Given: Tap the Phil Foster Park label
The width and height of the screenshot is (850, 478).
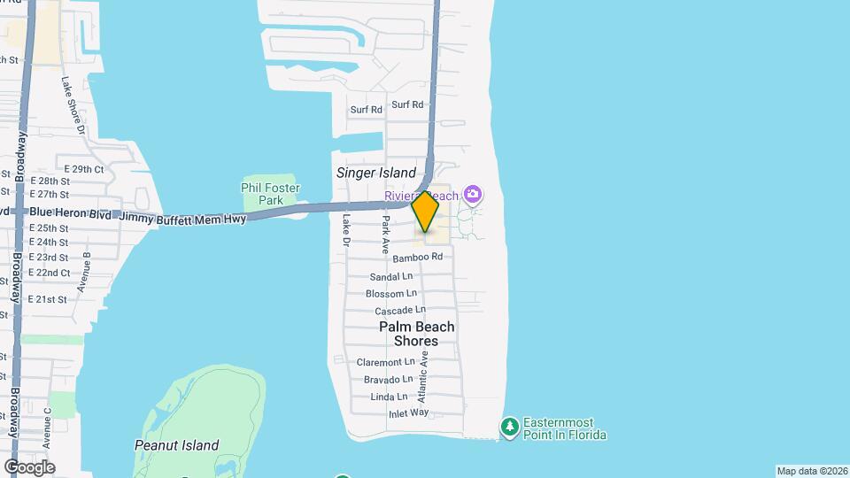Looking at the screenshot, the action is pos(271,194).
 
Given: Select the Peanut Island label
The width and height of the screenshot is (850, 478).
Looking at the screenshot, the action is pos(177,445).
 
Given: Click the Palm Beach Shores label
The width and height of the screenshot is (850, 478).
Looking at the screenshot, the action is pos(417,334).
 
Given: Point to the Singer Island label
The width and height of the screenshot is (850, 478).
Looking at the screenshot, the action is pos(376,173).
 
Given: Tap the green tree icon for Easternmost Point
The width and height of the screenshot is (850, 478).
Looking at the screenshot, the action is pos(509,428).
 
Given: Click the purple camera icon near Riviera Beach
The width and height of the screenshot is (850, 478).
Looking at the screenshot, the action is pos(473,194).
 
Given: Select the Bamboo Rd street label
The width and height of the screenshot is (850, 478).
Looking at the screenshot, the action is pos(418,257).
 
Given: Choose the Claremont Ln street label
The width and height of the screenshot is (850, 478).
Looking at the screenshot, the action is pos(385,362).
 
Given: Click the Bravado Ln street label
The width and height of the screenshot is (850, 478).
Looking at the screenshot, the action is pos(389,380).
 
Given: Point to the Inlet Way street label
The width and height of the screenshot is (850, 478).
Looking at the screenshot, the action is pos(408,413).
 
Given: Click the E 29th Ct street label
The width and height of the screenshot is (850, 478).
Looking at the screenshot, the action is pos(84,169).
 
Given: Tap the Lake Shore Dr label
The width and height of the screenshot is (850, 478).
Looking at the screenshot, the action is pos(74,105).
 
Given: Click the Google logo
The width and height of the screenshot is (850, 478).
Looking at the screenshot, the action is pos(29,466).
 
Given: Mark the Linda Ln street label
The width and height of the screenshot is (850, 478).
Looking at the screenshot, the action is pos(390,397).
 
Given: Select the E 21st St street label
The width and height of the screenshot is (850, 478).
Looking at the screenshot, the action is pos(48,300).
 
